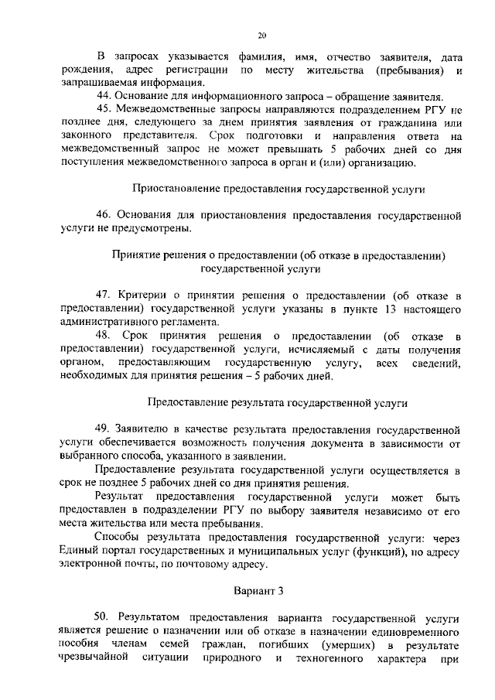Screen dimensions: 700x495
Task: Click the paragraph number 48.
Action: [x=102, y=335]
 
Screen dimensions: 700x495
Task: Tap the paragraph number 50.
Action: [x=101, y=617]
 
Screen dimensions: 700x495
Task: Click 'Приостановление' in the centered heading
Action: [x=176, y=188]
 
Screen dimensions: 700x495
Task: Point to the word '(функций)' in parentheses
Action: [x=364, y=550]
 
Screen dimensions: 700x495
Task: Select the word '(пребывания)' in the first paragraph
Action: [x=401, y=70]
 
